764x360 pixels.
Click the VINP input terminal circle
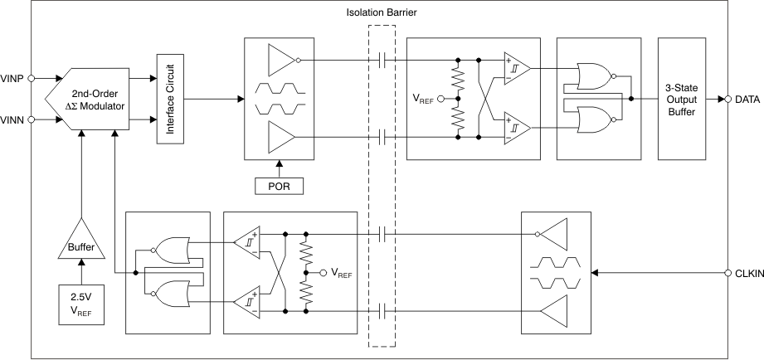point(32,79)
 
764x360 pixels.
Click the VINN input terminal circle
point(32,119)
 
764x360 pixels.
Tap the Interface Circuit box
point(169,98)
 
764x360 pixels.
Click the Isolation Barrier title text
point(382,14)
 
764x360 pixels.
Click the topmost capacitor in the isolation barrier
point(382,60)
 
